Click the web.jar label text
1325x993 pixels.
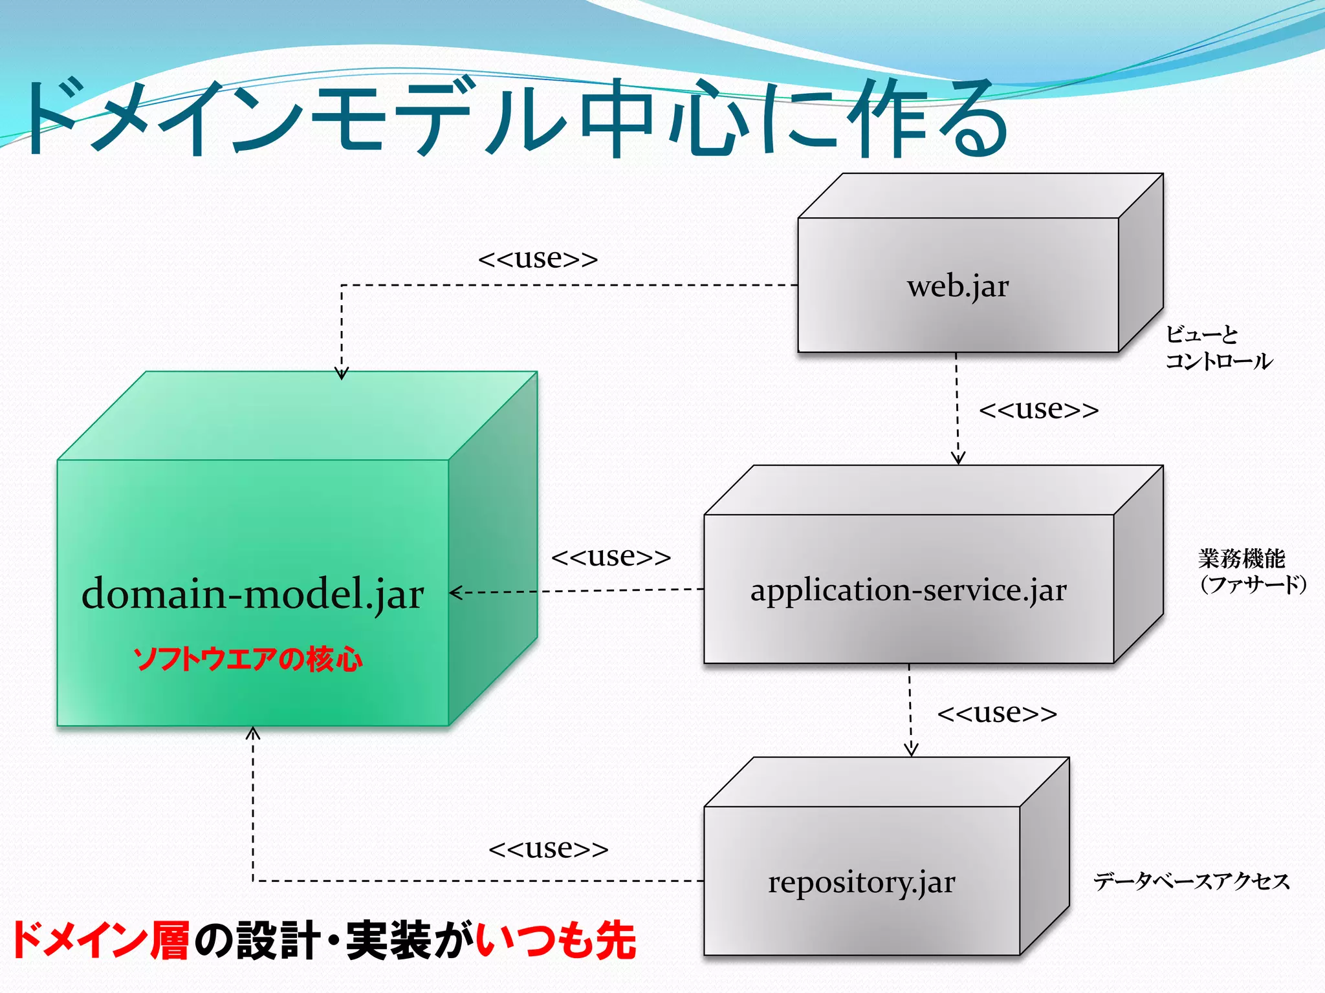pyautogui.click(x=958, y=286)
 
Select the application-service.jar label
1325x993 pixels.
pyautogui.click(x=908, y=590)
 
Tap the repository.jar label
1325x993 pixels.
pyautogui.click(x=861, y=882)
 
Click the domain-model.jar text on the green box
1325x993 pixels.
pyautogui.click(x=252, y=593)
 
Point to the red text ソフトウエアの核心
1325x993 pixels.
pyautogui.click(x=248, y=659)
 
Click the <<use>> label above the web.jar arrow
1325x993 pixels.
pyautogui.click(x=538, y=259)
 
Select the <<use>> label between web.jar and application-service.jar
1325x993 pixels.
pyautogui.click(x=1038, y=409)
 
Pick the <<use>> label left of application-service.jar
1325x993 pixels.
pyautogui.click(x=611, y=557)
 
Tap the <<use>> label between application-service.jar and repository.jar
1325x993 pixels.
pyautogui.click(x=997, y=713)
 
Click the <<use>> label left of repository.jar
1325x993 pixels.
pyautogui.click(x=548, y=848)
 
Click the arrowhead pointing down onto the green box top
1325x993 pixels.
pyautogui.click(x=342, y=373)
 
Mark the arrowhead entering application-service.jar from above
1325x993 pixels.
pyautogui.click(x=958, y=457)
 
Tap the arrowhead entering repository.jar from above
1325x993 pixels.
pyautogui.click(x=911, y=749)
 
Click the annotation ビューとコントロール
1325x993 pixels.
pyautogui.click(x=1218, y=348)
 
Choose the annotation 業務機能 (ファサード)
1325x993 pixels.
pyautogui.click(x=1251, y=571)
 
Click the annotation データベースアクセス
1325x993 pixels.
pyautogui.click(x=1191, y=881)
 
